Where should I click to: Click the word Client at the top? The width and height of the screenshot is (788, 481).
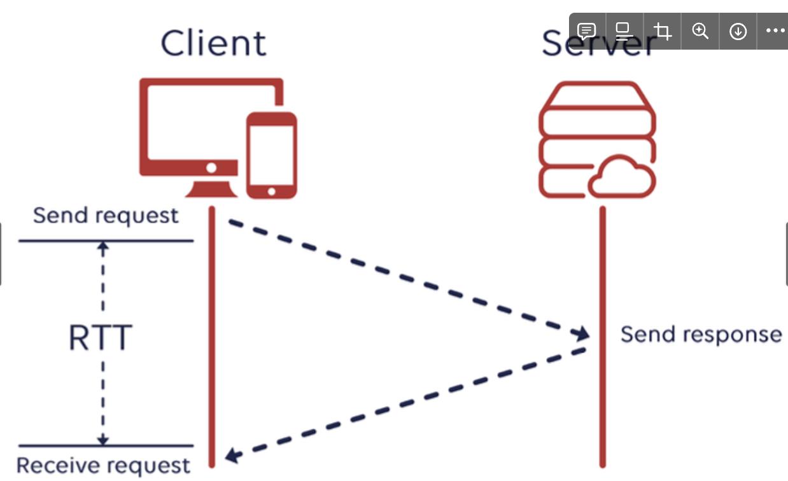pyautogui.click(x=213, y=43)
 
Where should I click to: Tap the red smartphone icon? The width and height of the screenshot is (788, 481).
pyautogui.click(x=272, y=155)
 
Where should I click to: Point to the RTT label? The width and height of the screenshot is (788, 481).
pyautogui.click(x=100, y=338)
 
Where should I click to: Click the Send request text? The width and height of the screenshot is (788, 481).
pyautogui.click(x=106, y=216)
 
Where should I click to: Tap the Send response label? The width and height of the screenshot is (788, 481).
pyautogui.click(x=701, y=335)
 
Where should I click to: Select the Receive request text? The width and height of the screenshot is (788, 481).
pyautogui.click(x=103, y=466)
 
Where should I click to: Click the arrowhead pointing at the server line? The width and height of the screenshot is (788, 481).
pyautogui.click(x=580, y=333)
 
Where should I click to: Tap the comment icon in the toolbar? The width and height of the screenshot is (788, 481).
pyautogui.click(x=586, y=31)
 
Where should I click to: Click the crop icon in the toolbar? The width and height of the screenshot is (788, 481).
pyautogui.click(x=663, y=31)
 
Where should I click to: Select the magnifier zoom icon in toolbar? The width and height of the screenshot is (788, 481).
pyautogui.click(x=700, y=31)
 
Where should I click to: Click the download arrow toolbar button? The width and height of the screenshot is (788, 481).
pyautogui.click(x=738, y=31)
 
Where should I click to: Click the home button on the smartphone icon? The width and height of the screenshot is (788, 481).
pyautogui.click(x=272, y=191)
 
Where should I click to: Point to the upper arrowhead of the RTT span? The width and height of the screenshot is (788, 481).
pyautogui.click(x=103, y=246)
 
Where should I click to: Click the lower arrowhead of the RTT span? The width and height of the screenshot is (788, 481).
pyautogui.click(x=103, y=440)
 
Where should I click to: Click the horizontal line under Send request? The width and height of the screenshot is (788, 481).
pyautogui.click(x=106, y=241)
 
